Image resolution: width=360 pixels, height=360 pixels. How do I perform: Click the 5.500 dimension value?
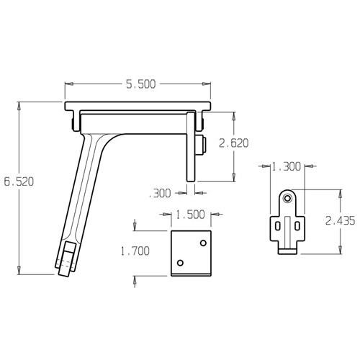click(141, 84)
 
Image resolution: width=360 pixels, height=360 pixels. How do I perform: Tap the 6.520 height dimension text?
click(19, 181)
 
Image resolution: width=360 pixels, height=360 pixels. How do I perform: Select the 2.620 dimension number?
click(234, 143)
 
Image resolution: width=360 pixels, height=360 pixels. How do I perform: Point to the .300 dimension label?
click(160, 193)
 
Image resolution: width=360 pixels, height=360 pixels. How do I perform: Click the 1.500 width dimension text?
click(190, 215)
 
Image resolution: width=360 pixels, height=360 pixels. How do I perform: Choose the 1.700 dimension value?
click(135, 251)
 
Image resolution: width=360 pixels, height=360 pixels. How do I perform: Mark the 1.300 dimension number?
click(286, 166)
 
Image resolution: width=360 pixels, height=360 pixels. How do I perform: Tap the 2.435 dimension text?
click(340, 220)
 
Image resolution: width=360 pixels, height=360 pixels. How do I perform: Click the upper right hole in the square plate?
click(203, 243)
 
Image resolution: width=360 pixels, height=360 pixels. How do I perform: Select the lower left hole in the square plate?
click(180, 263)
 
